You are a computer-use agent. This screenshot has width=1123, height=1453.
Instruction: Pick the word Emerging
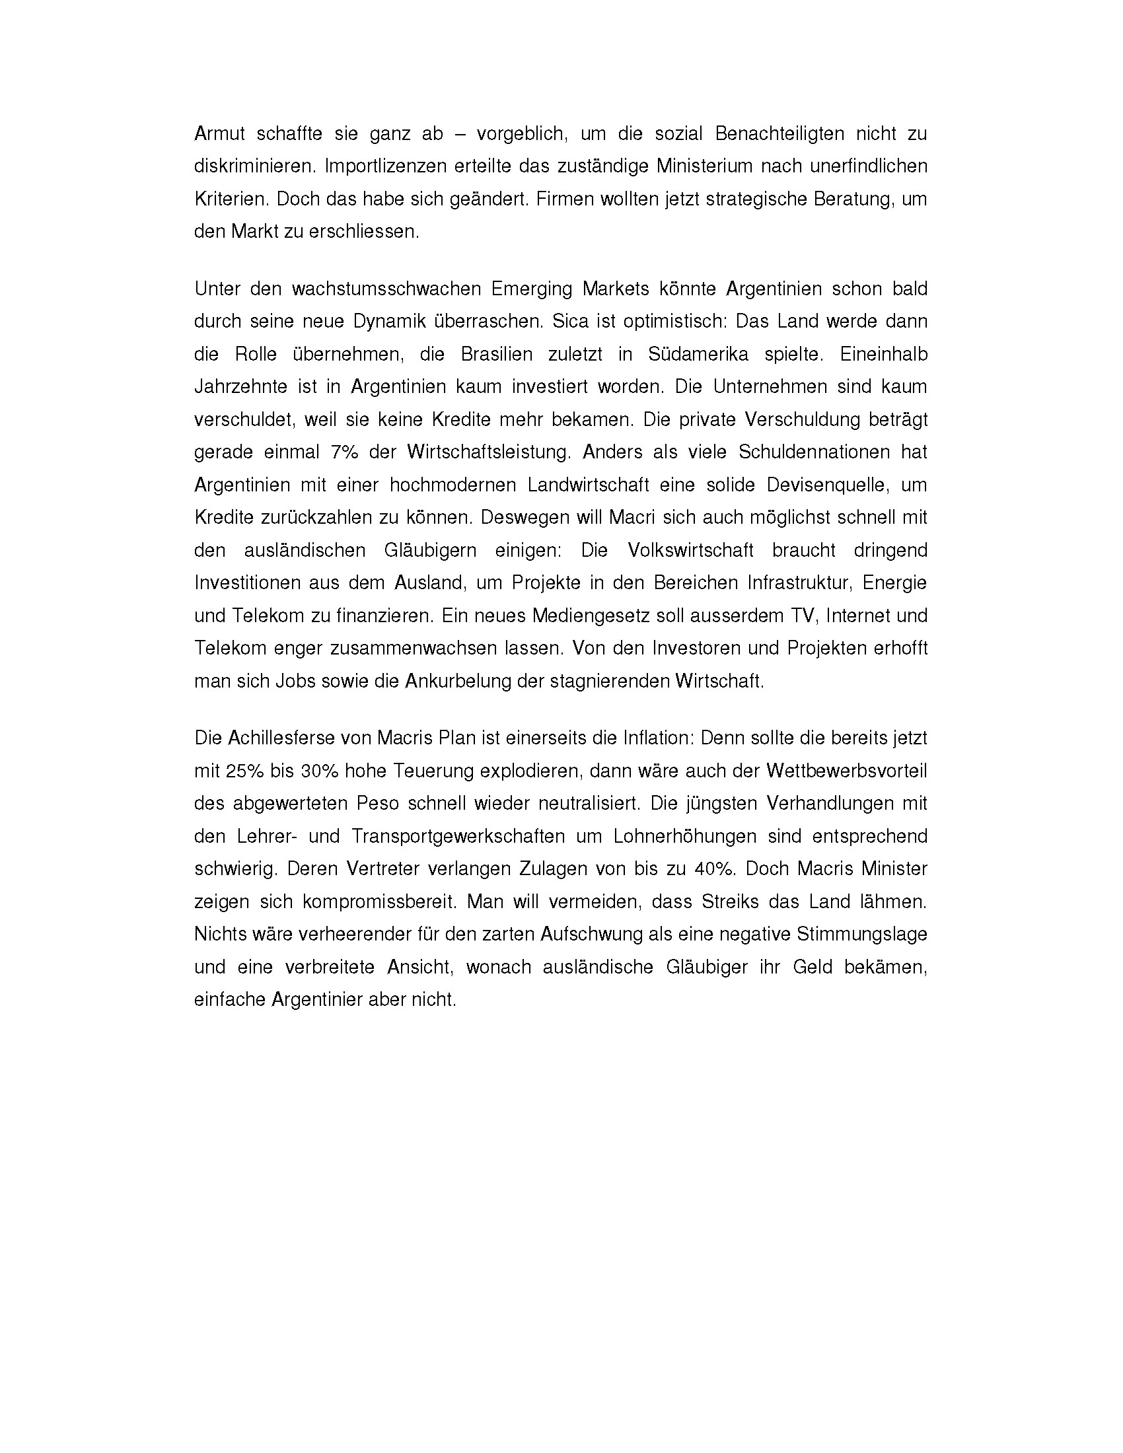530,289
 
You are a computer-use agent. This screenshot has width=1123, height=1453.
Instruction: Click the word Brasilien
496,355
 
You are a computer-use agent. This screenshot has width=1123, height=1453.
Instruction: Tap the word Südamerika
698,355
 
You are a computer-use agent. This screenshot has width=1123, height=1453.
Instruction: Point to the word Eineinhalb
883,355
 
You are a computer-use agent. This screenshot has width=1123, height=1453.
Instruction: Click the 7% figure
344,452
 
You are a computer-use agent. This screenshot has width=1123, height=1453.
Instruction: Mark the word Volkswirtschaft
690,551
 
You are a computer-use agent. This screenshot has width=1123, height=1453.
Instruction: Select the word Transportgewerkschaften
458,837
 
